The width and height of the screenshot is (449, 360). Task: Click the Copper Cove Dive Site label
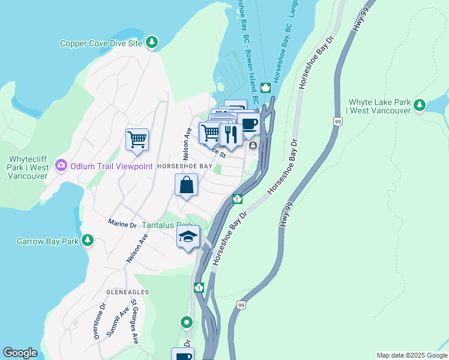coord(101,43)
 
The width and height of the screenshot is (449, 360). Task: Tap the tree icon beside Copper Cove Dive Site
coord(153,42)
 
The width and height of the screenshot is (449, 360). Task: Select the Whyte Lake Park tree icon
coord(420,106)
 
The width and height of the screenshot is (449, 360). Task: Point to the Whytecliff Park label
coord(28,167)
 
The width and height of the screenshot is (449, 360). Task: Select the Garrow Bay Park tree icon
coord(88,241)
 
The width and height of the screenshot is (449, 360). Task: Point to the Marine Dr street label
coord(122,224)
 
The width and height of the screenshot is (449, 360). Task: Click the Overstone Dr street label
coord(100,321)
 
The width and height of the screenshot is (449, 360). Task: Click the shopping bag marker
coord(186,185)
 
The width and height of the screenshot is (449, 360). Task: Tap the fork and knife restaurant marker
coord(231,133)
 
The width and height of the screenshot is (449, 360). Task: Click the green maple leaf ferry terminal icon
coord(265,88)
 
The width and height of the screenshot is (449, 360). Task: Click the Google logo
coord(20,353)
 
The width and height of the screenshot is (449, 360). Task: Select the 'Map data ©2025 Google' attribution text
coord(412,355)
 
